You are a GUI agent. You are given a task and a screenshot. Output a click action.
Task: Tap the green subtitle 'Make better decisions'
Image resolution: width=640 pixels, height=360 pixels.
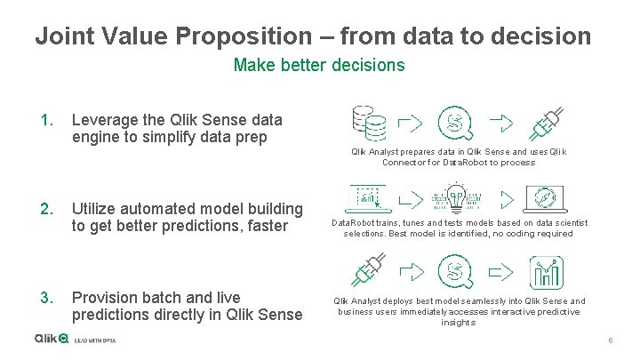[x=319, y=65]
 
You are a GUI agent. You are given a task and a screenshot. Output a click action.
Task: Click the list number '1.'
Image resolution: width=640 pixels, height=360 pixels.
[x=47, y=119]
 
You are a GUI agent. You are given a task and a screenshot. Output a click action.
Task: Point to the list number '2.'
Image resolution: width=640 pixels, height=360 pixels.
[x=47, y=209]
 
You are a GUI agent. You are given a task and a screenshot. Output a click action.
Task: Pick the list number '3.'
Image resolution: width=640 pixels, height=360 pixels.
[x=47, y=298]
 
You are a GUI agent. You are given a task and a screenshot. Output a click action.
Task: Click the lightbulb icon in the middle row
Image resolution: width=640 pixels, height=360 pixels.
[x=456, y=197]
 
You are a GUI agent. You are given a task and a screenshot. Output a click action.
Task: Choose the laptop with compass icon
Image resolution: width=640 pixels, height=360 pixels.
[x=546, y=198]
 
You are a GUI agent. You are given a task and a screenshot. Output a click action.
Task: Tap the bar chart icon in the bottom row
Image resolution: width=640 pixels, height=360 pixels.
[x=546, y=271]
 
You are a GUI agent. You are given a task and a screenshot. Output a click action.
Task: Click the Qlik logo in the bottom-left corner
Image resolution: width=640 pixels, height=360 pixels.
[x=51, y=339]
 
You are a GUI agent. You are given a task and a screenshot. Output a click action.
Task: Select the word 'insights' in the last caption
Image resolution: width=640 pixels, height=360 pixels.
[x=458, y=323]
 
